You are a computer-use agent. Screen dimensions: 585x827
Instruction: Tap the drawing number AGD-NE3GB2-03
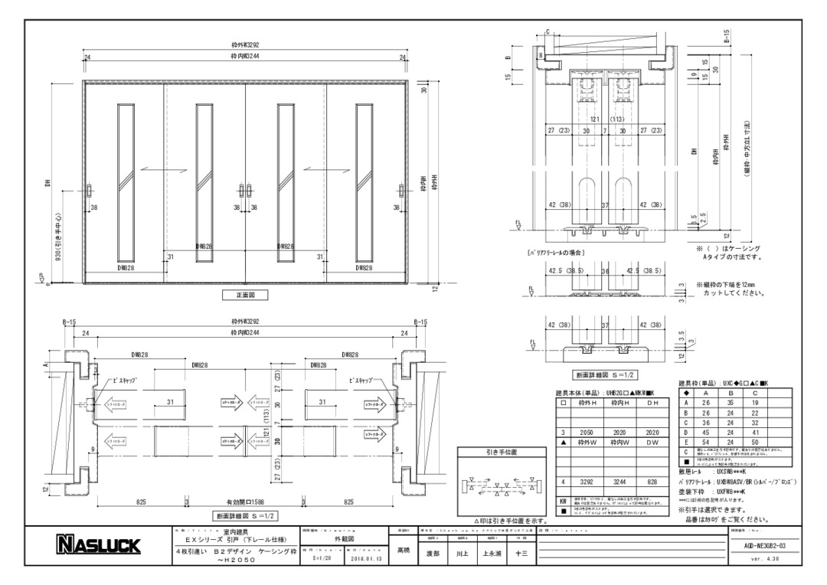point(758,545)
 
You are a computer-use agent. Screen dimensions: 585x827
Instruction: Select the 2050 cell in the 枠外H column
point(587,433)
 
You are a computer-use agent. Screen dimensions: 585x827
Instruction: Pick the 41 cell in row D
point(756,432)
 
